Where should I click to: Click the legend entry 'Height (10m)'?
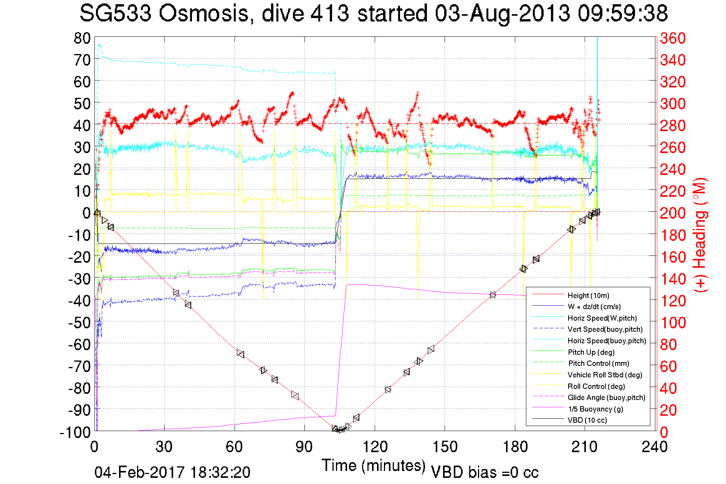click(588, 295)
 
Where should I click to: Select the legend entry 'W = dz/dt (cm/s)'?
click(594, 306)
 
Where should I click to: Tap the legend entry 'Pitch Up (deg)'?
click(591, 352)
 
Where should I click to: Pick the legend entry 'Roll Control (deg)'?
click(596, 386)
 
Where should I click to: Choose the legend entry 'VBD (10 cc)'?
click(587, 420)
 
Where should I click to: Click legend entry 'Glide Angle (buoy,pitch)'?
click(606, 397)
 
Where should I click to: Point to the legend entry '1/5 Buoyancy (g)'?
click(595, 409)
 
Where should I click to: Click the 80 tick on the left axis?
click(82, 38)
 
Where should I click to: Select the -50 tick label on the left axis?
click(79, 323)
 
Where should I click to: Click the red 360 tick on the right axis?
click(673, 38)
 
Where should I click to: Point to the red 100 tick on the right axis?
click(673, 323)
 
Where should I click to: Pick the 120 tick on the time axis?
click(375, 446)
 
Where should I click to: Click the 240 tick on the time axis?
click(655, 446)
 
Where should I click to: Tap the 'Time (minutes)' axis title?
click(373, 466)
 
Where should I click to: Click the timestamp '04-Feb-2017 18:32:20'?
click(172, 472)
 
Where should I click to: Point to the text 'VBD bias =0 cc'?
click(485, 472)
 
